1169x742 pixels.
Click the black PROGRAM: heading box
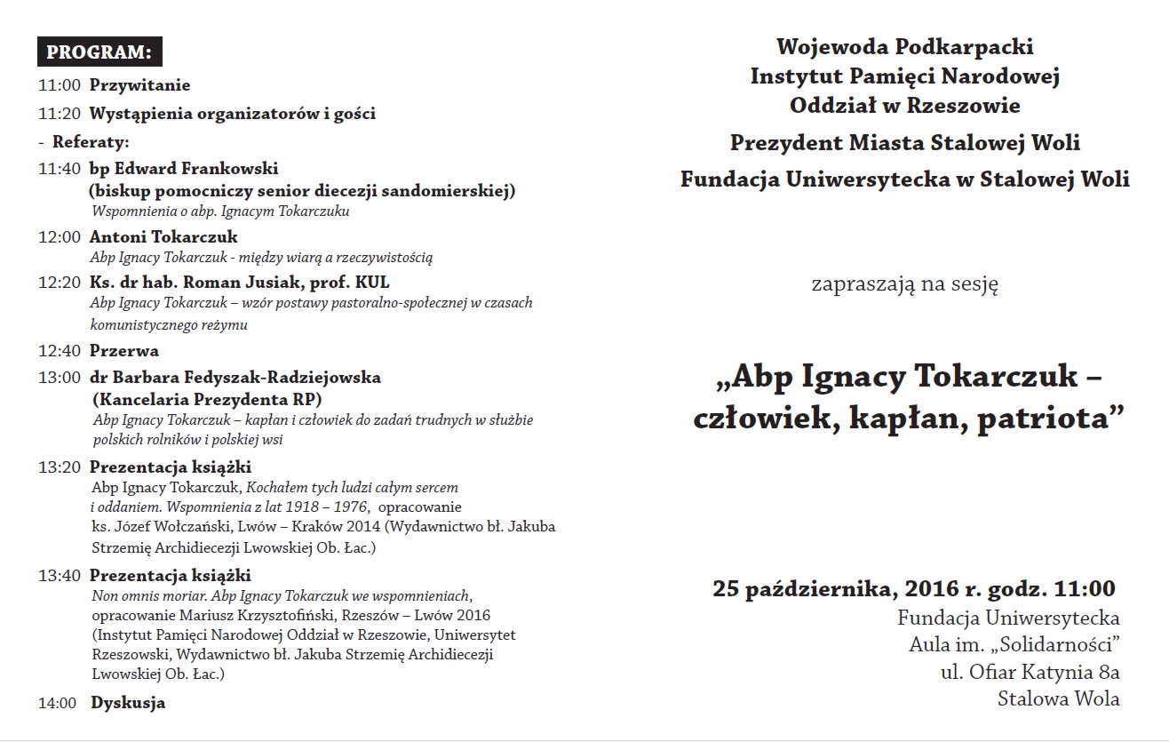(99, 52)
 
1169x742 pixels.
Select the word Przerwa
(124, 350)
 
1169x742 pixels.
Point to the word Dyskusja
(128, 703)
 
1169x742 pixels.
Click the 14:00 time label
(59, 703)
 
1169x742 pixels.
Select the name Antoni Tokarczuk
(163, 237)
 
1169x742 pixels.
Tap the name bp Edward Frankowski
(184, 168)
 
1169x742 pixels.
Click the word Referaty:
(91, 141)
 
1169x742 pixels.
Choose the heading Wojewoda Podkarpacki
(904, 47)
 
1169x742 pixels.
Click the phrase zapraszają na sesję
(904, 285)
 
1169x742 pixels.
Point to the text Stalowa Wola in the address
(1058, 698)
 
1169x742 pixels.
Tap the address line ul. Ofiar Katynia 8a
(1030, 672)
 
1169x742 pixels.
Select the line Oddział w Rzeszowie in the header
(904, 106)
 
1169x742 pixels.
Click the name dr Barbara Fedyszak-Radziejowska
(235, 377)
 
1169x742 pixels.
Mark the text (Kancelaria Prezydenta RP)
(207, 399)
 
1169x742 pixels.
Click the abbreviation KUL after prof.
(372, 283)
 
